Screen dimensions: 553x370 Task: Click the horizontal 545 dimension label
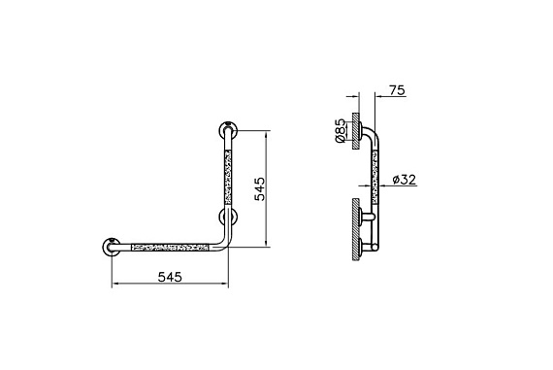(x=170, y=277)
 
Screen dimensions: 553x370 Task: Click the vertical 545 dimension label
(x=260, y=188)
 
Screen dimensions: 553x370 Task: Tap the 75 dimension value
(x=398, y=90)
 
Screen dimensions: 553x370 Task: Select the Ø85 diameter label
(x=341, y=131)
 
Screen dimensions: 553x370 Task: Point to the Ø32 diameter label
(x=405, y=180)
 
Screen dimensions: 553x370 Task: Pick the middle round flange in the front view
(x=228, y=217)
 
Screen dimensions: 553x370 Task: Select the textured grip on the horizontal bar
(x=170, y=247)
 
